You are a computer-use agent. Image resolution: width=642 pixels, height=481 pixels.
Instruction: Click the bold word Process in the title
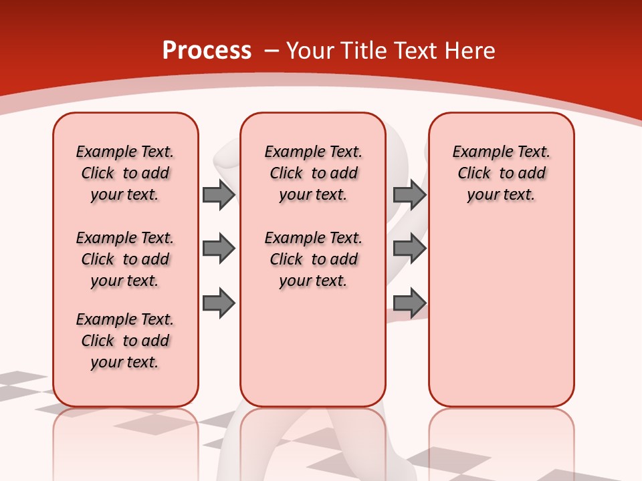click(x=207, y=51)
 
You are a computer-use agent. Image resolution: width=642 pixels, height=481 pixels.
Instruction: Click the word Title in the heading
click(x=363, y=51)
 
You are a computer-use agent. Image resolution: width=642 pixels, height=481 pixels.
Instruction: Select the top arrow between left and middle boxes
click(x=219, y=194)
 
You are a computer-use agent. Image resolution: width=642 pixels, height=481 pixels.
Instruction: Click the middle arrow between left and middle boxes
click(x=219, y=249)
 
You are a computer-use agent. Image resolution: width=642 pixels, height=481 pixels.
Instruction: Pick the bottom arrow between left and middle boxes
click(x=219, y=303)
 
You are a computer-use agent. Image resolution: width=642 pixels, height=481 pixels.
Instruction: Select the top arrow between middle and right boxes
click(x=409, y=194)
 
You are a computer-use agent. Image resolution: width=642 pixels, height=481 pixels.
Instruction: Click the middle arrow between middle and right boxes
click(x=409, y=249)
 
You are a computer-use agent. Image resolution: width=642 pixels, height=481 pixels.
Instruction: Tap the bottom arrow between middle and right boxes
click(x=409, y=303)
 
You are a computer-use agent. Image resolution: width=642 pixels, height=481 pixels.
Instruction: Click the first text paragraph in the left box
click(x=125, y=173)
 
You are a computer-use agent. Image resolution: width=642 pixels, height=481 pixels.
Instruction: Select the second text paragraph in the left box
click(x=125, y=259)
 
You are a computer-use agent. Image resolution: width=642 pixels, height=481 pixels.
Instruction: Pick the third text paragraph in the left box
click(x=125, y=341)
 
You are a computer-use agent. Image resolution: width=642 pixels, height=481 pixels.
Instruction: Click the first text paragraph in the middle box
click(x=313, y=173)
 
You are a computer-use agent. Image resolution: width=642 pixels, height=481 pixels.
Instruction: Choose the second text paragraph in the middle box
click(x=313, y=259)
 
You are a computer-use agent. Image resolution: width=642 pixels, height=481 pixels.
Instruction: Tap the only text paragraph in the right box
click(x=501, y=173)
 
